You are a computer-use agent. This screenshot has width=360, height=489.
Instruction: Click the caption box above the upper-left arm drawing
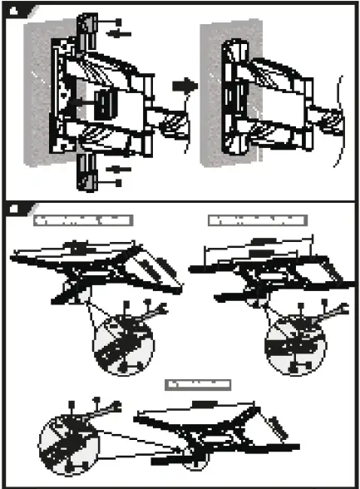[x=84, y=220]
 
